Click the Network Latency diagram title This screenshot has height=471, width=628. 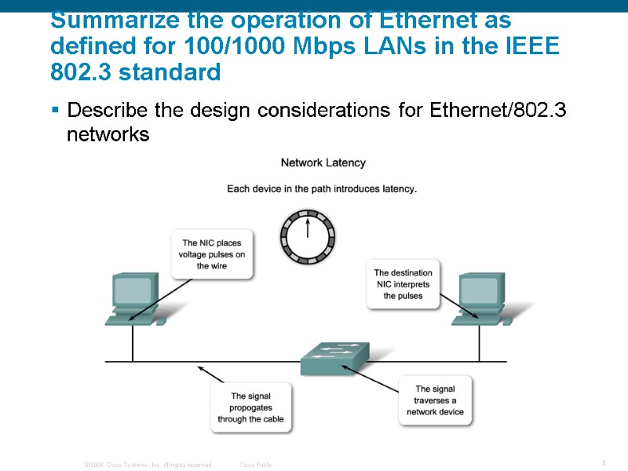tap(323, 162)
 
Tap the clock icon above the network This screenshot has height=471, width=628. tap(308, 235)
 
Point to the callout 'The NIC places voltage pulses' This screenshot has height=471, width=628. tap(213, 254)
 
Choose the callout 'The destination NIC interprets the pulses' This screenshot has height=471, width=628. tap(403, 284)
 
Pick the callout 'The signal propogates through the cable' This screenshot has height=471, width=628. tap(250, 407)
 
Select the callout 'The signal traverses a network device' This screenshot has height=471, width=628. tap(434, 400)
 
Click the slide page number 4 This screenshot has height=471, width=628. tap(603, 463)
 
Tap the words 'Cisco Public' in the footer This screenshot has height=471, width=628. tap(255, 465)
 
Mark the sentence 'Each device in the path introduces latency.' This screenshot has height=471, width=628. tap(322, 188)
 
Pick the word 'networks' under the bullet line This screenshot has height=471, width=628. tap(108, 134)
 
